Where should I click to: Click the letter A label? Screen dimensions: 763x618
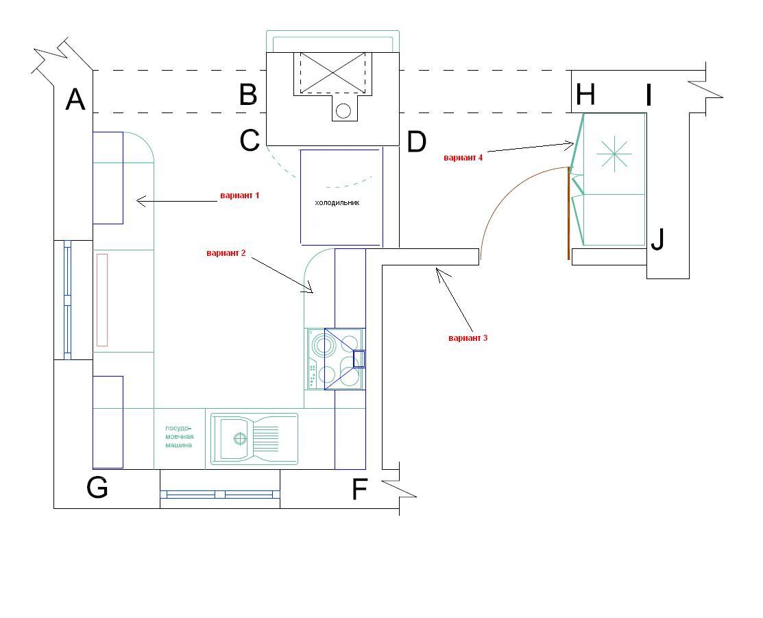click(75, 99)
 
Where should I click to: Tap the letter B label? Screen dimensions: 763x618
click(248, 95)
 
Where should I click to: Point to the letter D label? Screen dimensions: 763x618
click(417, 142)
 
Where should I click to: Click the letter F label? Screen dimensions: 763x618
click(359, 490)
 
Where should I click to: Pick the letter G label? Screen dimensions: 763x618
click(97, 487)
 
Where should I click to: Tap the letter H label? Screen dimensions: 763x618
click(585, 95)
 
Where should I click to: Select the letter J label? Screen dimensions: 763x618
click(657, 239)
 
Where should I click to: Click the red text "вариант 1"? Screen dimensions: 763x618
click(239, 195)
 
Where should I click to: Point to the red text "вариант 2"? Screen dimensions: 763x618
click(226, 253)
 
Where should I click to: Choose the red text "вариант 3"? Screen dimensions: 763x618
click(468, 338)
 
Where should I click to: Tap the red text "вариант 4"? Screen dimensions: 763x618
click(463, 158)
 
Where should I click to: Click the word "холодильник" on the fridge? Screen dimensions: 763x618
click(337, 202)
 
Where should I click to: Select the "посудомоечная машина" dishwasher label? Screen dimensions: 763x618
click(180, 437)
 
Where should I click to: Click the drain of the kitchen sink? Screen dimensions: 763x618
click(240, 439)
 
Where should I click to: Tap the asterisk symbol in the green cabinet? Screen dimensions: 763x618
click(614, 154)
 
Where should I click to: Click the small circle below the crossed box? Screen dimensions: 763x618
click(343, 111)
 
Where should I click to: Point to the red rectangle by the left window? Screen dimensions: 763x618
click(101, 300)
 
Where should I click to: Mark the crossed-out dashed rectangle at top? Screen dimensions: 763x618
click(333, 73)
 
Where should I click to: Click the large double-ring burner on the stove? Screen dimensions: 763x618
click(324, 346)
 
